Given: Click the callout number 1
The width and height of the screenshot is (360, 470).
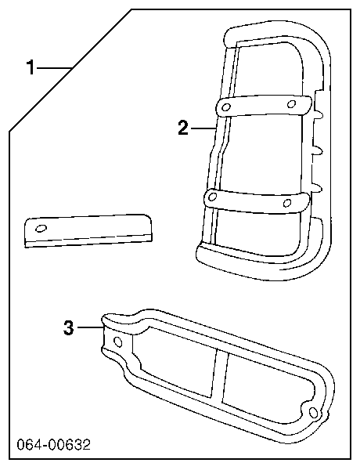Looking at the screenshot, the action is pos(31,67).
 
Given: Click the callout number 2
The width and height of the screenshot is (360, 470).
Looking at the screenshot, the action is pos(183,128).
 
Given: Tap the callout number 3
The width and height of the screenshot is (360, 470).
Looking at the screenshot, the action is pos(69,327).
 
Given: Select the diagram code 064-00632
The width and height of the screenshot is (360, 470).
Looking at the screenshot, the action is pos(53,445).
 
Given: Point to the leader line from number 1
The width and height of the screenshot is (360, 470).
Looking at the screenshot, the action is pos(54,68).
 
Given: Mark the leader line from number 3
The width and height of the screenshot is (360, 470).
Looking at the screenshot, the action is pos(91,327).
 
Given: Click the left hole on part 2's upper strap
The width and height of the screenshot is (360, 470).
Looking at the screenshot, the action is pos(227,107).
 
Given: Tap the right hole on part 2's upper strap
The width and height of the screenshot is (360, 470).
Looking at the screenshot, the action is pos(291,103).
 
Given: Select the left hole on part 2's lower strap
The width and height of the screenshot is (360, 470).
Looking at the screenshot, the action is pos(212,197).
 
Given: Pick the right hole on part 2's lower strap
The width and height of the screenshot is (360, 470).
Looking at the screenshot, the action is pos(287,203).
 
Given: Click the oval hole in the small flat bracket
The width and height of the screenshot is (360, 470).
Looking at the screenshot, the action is pos(41,229).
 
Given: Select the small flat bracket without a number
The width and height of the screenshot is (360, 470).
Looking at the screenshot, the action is pos(88,230).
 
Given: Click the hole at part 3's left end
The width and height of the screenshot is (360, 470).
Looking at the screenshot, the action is pos(118,342).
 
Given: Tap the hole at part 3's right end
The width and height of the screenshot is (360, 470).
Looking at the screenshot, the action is pos(314,413).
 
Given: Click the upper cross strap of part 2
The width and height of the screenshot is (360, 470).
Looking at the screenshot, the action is pos(264,106).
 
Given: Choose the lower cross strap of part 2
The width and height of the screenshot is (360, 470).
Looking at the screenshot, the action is pos(257,200).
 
